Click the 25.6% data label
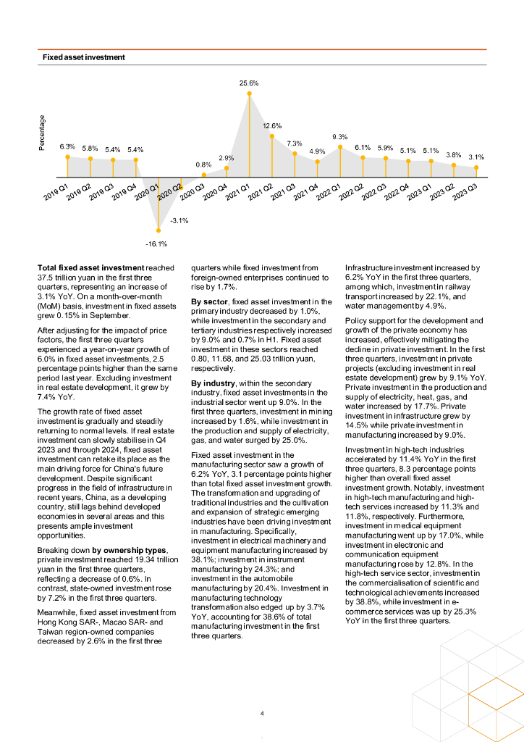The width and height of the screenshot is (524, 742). [249, 83]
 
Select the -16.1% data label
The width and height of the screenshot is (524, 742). [158, 243]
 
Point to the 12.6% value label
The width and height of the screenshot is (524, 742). [272, 126]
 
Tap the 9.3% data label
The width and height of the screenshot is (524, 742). [340, 137]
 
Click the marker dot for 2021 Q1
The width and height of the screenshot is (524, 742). [249, 93]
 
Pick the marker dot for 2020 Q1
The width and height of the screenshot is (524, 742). [158, 231]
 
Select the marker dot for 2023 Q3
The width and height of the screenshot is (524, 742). [476, 167]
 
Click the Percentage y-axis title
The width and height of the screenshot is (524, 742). [42, 133]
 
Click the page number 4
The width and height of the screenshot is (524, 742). [262, 714]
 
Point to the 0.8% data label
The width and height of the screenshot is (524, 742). [203, 164]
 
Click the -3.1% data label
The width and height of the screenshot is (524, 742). [179, 220]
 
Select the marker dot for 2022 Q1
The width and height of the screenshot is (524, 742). [340, 147]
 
